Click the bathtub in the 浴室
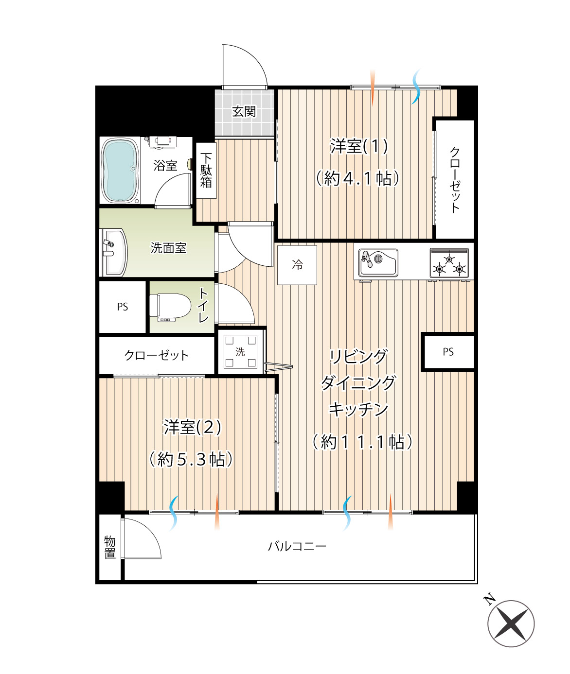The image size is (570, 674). pyautogui.click(x=120, y=171)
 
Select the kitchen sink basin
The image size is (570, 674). pyautogui.click(x=378, y=262)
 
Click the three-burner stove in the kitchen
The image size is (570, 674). pyautogui.click(x=449, y=263)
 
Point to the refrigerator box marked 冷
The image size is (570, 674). pyautogui.click(x=297, y=265)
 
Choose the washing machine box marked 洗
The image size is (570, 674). pyautogui.click(x=240, y=351)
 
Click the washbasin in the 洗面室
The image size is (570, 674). pyautogui.click(x=113, y=253)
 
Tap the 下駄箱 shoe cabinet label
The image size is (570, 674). pyautogui.click(x=206, y=171)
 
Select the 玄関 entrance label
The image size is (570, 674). pyautogui.click(x=244, y=111)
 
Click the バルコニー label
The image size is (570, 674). pyautogui.click(x=297, y=547)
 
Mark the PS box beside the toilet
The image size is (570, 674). pyautogui.click(x=123, y=307)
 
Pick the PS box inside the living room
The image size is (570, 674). pyautogui.click(x=448, y=351)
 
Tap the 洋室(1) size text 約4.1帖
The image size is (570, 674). pyautogui.click(x=358, y=178)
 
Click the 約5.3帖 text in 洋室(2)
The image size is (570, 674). pyautogui.click(x=191, y=459)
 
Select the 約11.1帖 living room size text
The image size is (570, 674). pyautogui.click(x=362, y=442)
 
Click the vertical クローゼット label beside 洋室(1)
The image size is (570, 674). pyautogui.click(x=455, y=180)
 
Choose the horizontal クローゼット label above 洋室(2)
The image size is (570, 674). pyautogui.click(x=157, y=355)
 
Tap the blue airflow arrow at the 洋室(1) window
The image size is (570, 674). pyautogui.click(x=415, y=86)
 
